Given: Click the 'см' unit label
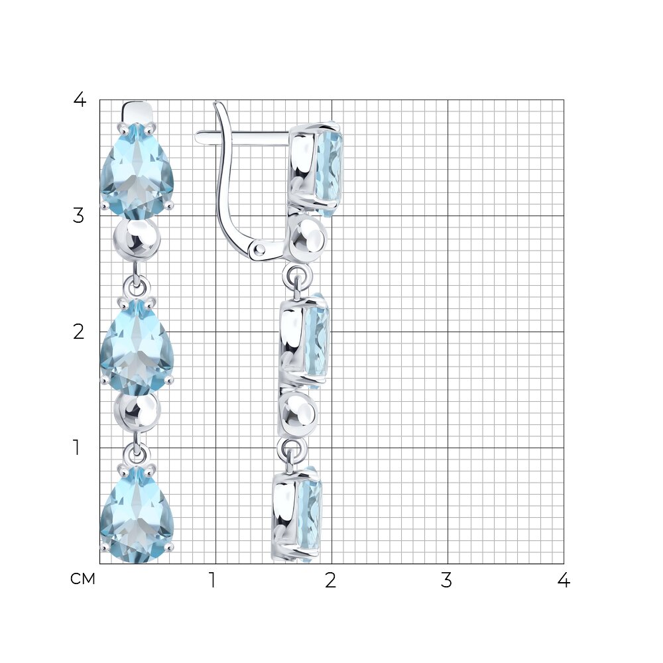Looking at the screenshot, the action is coord(83,579).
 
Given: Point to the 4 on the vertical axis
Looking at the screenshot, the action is coord(80,100).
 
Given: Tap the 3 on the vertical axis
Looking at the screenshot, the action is coord(79,215).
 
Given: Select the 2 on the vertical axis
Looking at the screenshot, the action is coord(79,332).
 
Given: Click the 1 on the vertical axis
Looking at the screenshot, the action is coord(76,448).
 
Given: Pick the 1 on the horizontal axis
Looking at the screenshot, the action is coord(213,581).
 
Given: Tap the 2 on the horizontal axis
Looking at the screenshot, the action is coord(331,581).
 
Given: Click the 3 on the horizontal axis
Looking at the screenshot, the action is coord(446,581).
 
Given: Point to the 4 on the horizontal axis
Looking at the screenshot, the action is coord(564,581).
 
